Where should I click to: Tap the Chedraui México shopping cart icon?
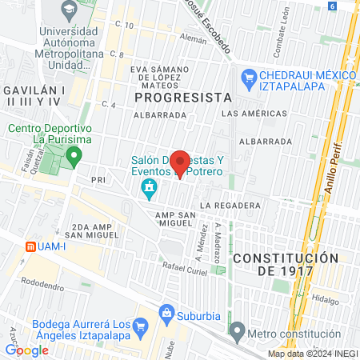247,78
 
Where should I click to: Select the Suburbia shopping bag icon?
167,312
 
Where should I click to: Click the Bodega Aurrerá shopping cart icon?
141,326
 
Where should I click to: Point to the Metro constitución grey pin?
236,330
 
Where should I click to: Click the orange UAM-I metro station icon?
31,246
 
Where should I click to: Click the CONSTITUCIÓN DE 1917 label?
286,265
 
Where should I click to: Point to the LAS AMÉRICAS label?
250,114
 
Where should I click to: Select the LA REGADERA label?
231,206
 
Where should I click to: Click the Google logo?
26,350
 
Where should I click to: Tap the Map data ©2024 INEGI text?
312,354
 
